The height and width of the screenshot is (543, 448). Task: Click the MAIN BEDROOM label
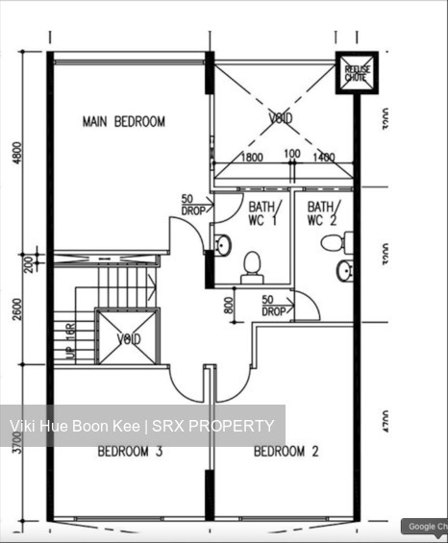(x=123, y=122)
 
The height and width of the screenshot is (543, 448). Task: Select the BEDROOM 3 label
(x=129, y=451)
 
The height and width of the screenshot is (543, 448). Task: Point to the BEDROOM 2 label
(x=286, y=451)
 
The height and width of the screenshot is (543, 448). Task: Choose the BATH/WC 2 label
(x=321, y=213)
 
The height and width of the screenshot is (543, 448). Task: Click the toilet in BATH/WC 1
(x=252, y=265)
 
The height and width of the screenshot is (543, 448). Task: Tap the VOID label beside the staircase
(x=128, y=339)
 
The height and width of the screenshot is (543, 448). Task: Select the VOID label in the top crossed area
(x=280, y=118)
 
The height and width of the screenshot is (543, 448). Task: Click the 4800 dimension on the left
(x=17, y=153)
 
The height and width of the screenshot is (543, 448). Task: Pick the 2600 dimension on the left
(x=17, y=306)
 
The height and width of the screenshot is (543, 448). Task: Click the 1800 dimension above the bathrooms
(x=252, y=157)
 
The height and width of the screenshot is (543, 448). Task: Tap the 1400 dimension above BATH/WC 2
(x=324, y=157)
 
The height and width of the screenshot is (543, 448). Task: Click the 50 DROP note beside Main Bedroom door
(x=192, y=206)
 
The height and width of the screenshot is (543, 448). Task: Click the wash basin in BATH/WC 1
(x=222, y=245)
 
